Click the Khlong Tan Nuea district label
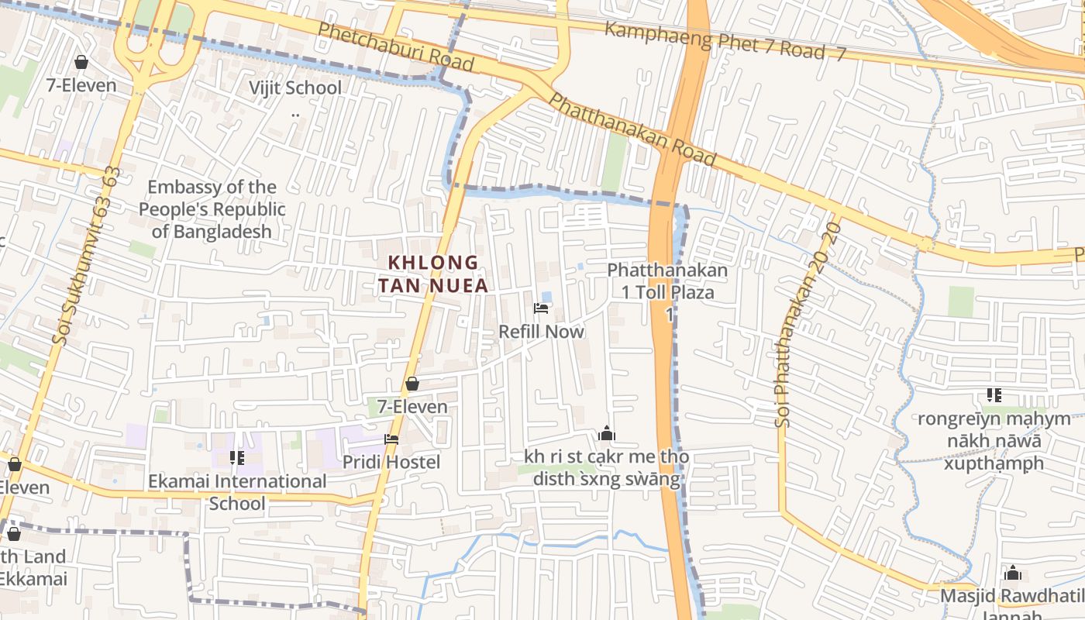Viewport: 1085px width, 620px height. point(433,274)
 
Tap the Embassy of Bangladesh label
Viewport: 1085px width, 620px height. point(212,209)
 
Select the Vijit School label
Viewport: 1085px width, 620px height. point(295,88)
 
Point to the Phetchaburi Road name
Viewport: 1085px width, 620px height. point(395,45)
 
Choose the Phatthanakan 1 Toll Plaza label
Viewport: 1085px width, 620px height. point(667,281)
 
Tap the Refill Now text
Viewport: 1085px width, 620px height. point(541,332)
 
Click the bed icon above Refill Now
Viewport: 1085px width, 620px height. point(541,309)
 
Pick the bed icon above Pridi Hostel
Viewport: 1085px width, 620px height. point(391,439)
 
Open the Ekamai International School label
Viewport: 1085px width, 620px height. point(238,492)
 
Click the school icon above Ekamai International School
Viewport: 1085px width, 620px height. point(237,458)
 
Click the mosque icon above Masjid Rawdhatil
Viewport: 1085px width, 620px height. point(1012,573)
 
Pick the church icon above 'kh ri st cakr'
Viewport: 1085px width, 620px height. point(607,433)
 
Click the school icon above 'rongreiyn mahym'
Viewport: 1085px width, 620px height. point(994,395)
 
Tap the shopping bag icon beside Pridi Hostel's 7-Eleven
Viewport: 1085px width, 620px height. point(412,384)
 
